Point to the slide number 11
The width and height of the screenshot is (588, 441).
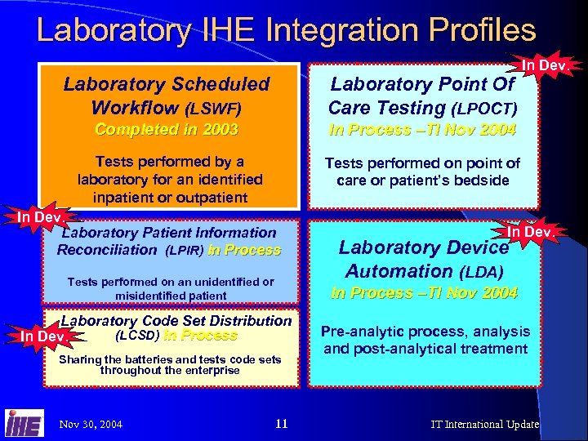pyautogui.click(x=282, y=424)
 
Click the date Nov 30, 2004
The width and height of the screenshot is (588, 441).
pyautogui.click(x=91, y=425)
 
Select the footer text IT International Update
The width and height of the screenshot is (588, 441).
pyautogui.click(x=485, y=425)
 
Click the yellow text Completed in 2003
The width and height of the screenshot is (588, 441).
pyautogui.click(x=167, y=130)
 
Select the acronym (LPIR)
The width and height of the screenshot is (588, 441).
pyautogui.click(x=185, y=251)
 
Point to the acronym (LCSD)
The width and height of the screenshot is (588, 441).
pyautogui.click(x=135, y=336)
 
